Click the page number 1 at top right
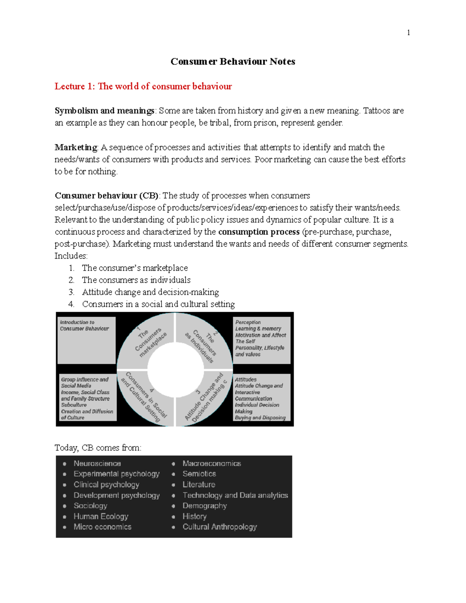(x=408, y=33)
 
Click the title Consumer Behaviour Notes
(x=233, y=61)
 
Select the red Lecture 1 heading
(x=143, y=86)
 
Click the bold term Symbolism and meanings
(x=104, y=111)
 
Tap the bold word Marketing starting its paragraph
(x=76, y=147)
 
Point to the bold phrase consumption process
(x=259, y=232)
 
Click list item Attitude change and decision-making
(x=150, y=292)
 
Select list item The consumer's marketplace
(x=135, y=268)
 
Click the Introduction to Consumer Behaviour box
(x=86, y=340)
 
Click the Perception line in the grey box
(x=248, y=322)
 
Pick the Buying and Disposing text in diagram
(x=260, y=418)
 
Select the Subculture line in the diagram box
(x=74, y=405)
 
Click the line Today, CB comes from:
(x=98, y=448)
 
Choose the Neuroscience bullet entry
(x=97, y=463)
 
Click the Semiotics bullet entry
(x=199, y=474)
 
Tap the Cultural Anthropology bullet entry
(x=219, y=527)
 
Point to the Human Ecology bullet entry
(x=101, y=516)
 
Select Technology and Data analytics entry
(x=235, y=495)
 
